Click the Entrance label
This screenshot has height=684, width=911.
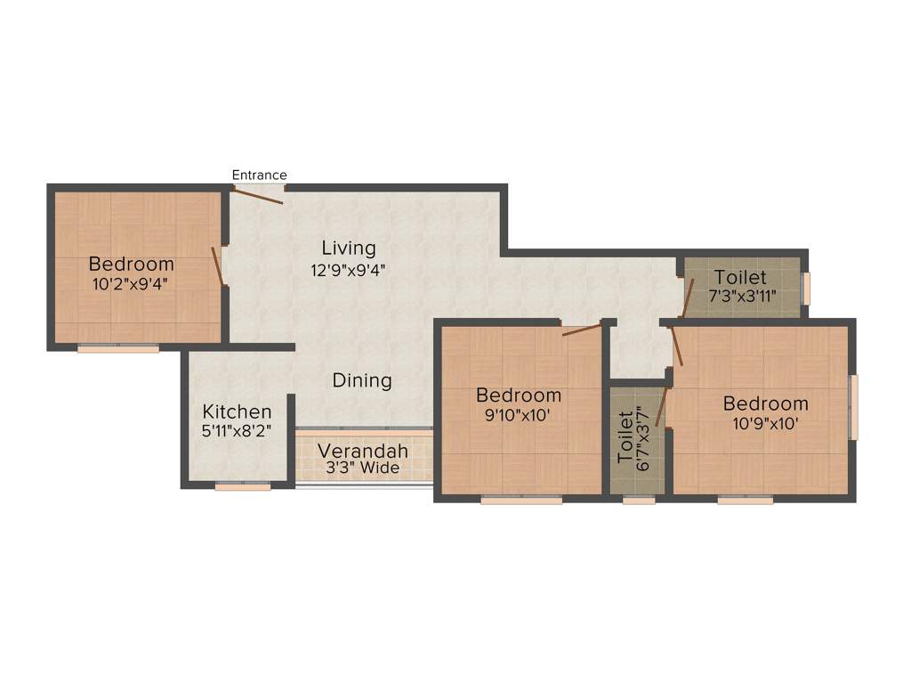(259, 175)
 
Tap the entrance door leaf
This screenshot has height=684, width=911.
(259, 196)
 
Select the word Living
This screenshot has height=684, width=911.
(349, 248)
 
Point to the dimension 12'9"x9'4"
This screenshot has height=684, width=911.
(349, 267)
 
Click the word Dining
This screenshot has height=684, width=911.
(362, 381)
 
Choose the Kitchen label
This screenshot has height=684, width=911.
(237, 411)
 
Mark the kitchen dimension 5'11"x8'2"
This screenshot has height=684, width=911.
(237, 430)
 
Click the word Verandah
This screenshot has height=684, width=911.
(363, 451)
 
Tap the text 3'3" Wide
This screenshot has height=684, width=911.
(363, 468)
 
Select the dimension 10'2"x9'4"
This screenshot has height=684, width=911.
(132, 284)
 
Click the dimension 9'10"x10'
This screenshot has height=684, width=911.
(519, 414)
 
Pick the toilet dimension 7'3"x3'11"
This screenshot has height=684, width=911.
(740, 297)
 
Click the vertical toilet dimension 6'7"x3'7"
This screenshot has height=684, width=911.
(637, 436)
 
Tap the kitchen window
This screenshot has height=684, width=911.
(243, 487)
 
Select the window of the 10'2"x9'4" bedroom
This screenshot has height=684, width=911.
(117, 348)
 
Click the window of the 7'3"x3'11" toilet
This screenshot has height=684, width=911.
(807, 288)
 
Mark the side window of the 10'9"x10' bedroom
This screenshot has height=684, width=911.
(854, 407)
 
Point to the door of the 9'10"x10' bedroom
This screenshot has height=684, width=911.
(582, 330)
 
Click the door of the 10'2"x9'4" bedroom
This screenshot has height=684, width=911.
(216, 265)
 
